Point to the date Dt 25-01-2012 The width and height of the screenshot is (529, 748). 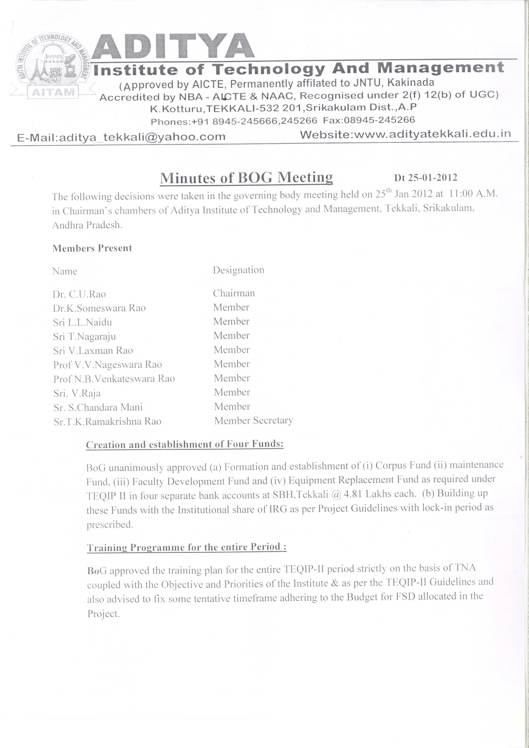click(426, 177)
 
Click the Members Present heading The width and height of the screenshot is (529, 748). click(92, 248)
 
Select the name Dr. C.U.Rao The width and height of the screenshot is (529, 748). click(79, 294)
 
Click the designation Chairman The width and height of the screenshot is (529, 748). click(234, 293)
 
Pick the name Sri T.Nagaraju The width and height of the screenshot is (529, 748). click(85, 336)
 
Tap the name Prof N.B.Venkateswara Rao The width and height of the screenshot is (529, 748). click(114, 379)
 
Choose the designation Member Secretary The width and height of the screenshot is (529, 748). click(253, 421)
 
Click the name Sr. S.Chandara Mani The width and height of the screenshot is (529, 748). click(98, 407)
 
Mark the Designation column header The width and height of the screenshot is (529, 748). click(238, 270)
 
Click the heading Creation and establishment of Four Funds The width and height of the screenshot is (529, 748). click(185, 444)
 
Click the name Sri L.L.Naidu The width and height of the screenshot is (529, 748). click(83, 322)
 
